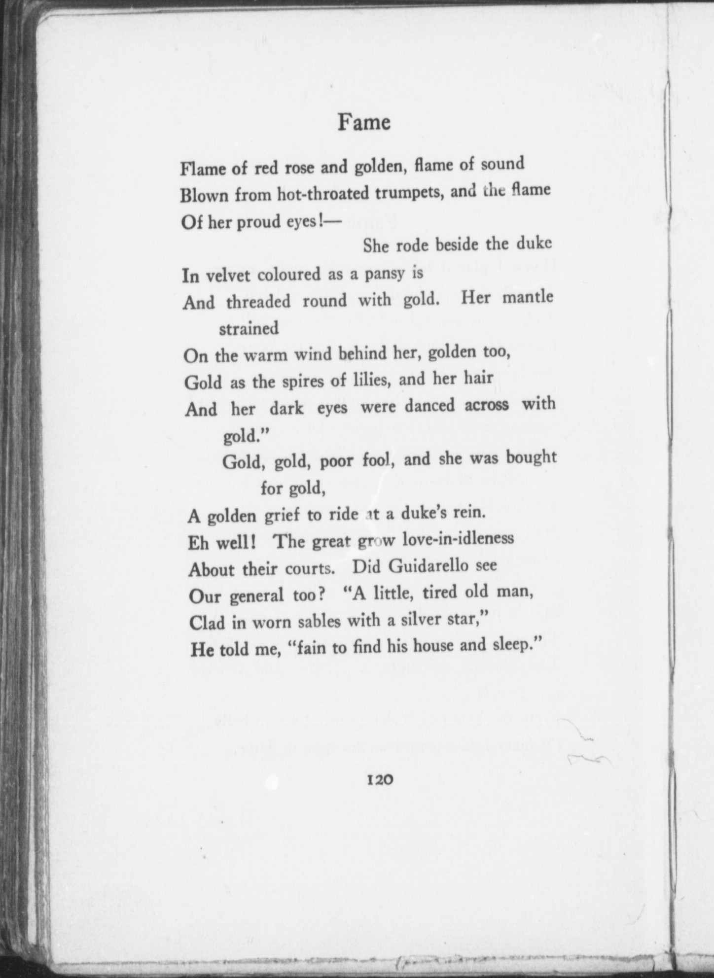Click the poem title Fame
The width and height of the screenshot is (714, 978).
(363, 123)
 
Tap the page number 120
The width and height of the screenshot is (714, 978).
(379, 778)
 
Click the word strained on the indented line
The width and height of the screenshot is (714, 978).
(249, 328)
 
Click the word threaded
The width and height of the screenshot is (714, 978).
(258, 301)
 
